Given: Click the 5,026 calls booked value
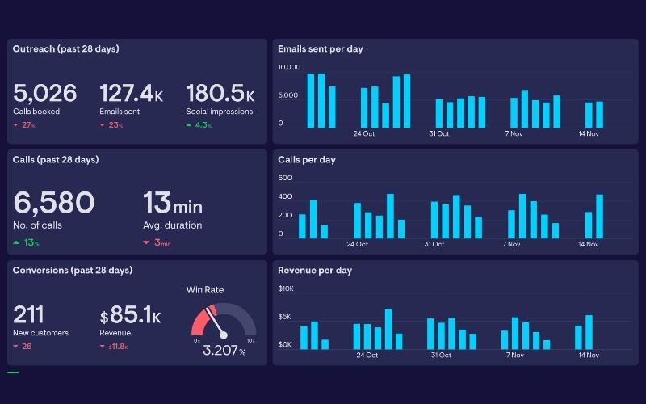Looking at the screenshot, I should click(x=45, y=94).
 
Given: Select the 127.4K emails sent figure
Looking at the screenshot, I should click(x=131, y=94).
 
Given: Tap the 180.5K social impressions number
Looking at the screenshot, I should click(x=220, y=94).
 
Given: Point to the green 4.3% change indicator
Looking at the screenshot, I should click(x=199, y=125).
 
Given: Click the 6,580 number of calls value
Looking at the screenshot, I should click(x=54, y=203).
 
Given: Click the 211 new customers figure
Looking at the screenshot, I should click(x=29, y=314).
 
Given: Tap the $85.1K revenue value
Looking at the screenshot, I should click(x=130, y=315).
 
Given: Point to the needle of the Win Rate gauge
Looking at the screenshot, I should click(x=217, y=322).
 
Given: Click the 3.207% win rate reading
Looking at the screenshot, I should click(x=224, y=351).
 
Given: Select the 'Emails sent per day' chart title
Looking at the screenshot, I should click(x=321, y=49).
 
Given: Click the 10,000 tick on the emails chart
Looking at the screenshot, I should click(x=289, y=67).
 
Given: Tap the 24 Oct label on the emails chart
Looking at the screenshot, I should click(x=364, y=133).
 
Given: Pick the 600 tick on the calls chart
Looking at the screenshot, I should click(x=284, y=178).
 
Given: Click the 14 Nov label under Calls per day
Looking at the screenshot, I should click(x=588, y=244).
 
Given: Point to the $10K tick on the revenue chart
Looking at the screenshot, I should click(x=286, y=288).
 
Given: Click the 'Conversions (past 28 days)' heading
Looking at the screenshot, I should click(x=73, y=270).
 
